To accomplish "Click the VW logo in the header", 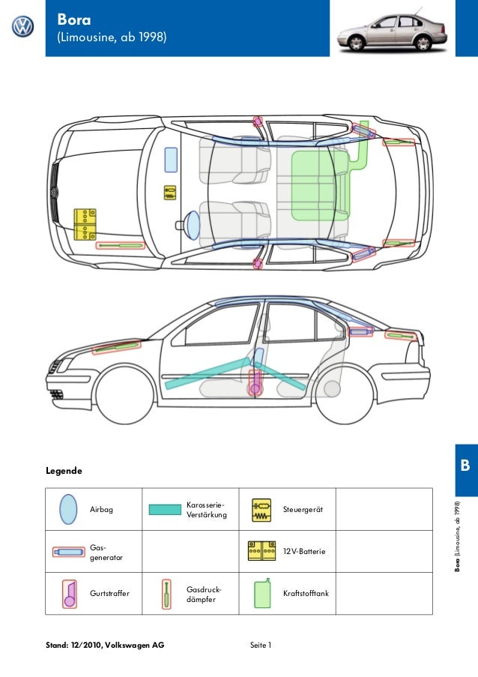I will [22, 28].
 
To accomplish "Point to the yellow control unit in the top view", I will [170, 192].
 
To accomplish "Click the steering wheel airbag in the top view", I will [193, 223].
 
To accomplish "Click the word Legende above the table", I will [64, 472].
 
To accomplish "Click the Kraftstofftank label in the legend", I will [306, 594].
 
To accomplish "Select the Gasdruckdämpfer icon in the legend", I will [166, 593].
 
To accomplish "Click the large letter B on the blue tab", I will [465, 466].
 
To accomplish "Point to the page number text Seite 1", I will [260, 645].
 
